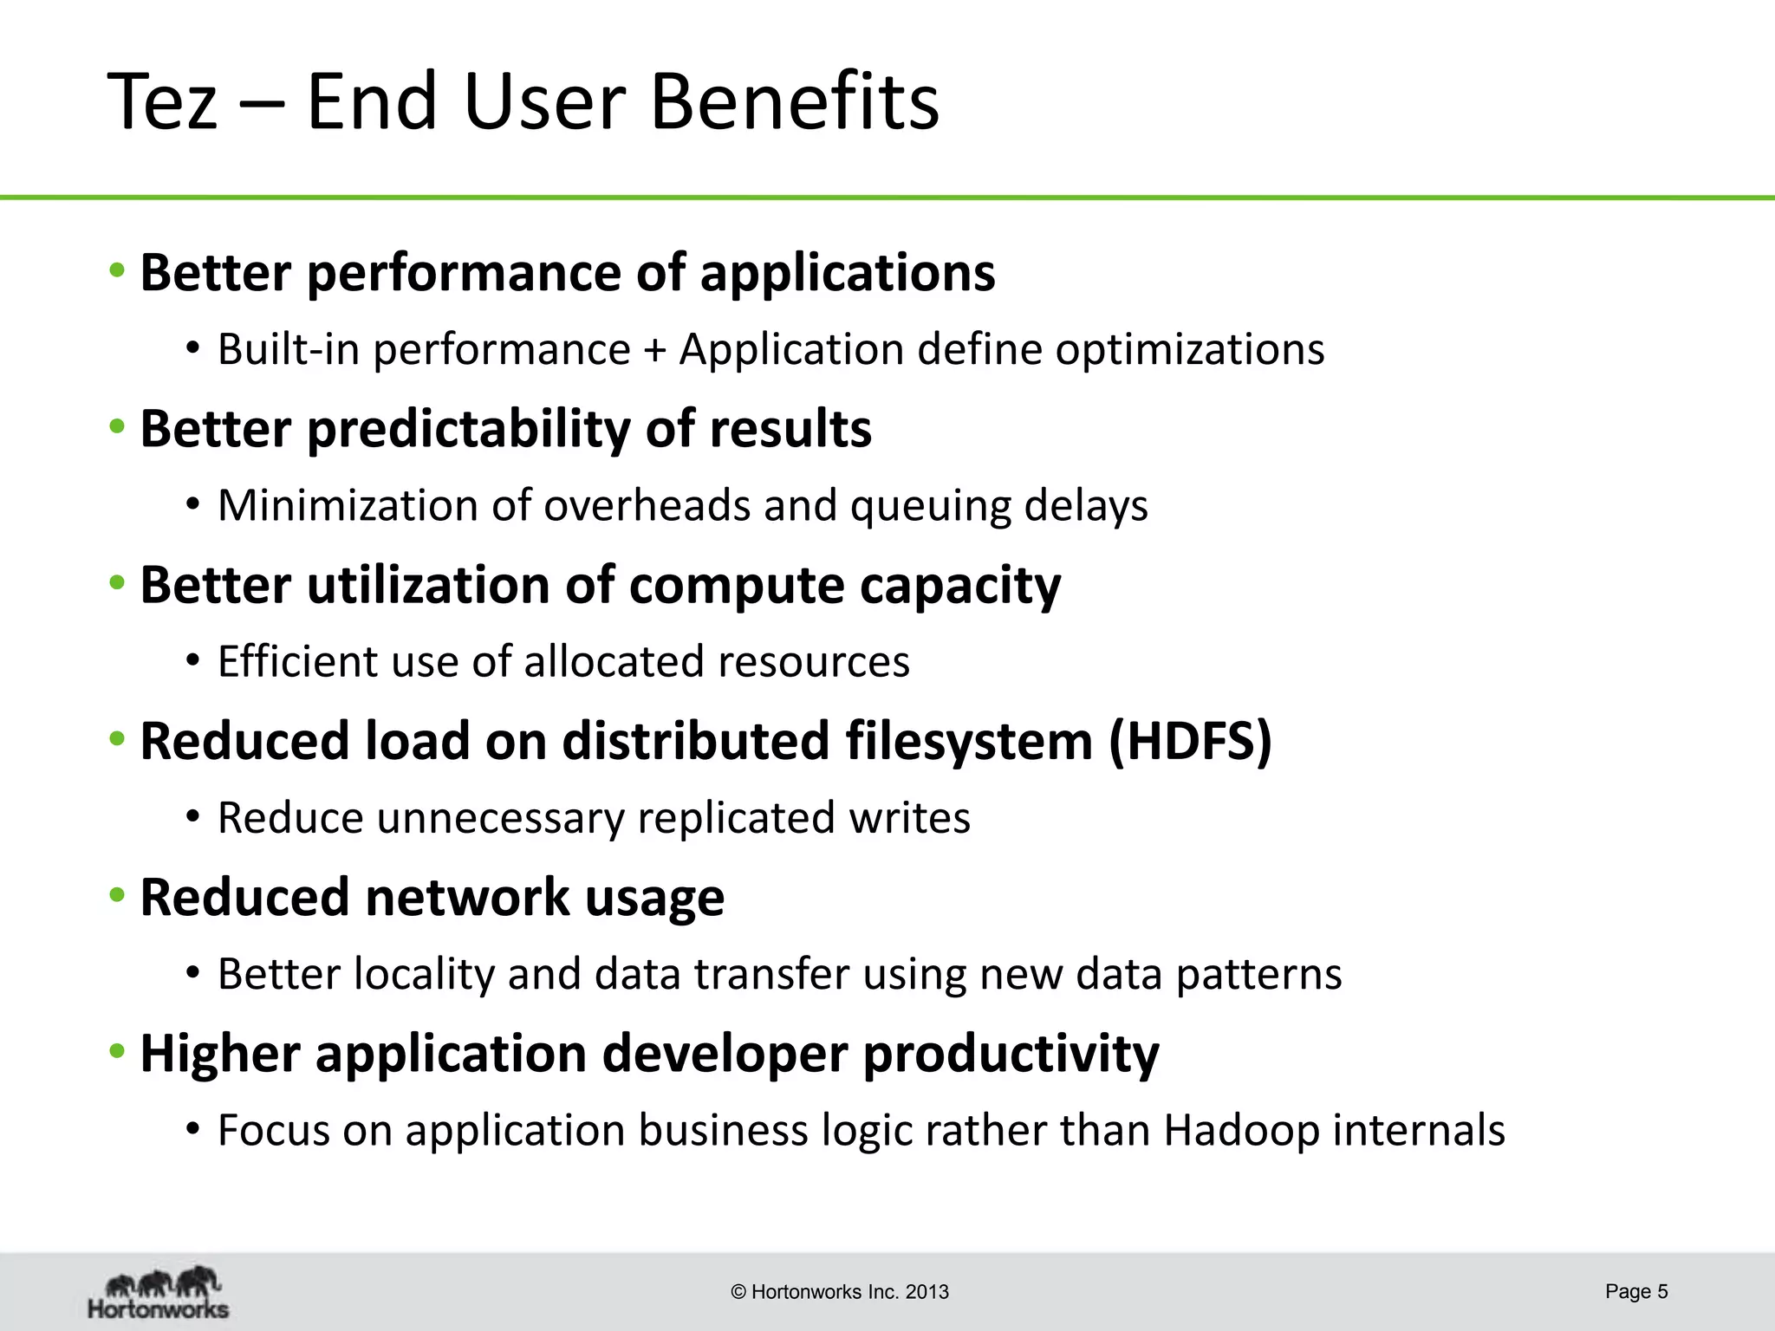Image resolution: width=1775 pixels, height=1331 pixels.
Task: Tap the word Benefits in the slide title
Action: click(x=794, y=102)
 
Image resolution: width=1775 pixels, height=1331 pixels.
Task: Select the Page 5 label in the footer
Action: click(x=1635, y=1291)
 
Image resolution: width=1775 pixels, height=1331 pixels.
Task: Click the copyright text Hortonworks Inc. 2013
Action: click(x=840, y=1292)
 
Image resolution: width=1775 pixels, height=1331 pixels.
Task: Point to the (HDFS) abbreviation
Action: click(x=1190, y=742)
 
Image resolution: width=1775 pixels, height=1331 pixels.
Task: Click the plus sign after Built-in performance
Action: click(x=655, y=350)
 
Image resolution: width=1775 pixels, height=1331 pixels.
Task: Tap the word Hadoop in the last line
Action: click(x=1241, y=1130)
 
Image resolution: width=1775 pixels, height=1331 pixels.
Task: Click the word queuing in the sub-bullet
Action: click(x=930, y=506)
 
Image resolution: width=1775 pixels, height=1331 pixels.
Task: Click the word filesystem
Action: click(x=968, y=742)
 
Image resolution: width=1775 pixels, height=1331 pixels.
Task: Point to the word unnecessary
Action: click(x=500, y=818)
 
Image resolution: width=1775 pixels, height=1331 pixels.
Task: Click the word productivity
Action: click(x=1011, y=1055)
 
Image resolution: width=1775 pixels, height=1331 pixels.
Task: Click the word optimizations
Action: click(x=1189, y=350)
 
